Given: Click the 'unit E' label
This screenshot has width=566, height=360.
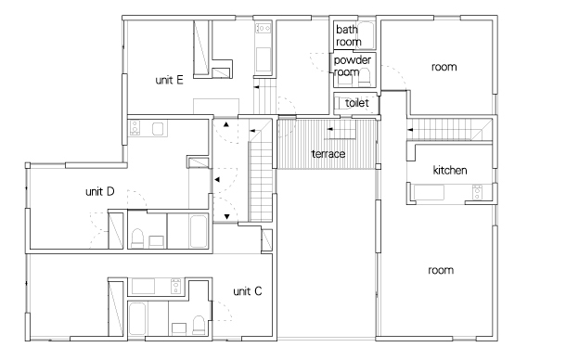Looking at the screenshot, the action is (x=169, y=80).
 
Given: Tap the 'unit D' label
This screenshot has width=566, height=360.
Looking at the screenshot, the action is (x=99, y=191).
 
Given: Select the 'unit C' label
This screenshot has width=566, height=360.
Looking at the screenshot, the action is (x=247, y=291).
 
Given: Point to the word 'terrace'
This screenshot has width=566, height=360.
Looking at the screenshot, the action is (x=328, y=154).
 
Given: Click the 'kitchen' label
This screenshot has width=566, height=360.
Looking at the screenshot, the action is (x=450, y=170).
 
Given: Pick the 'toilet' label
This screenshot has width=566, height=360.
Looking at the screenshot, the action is (x=356, y=103).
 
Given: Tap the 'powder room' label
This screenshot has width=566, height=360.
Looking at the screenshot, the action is (x=352, y=66).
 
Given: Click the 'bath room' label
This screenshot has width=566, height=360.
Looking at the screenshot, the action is (x=348, y=35).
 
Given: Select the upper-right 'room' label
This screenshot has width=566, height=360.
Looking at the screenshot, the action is (x=444, y=67).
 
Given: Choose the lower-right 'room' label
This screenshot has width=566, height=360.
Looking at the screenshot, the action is (x=441, y=270).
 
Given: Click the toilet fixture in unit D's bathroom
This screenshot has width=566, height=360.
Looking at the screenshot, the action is (x=137, y=238).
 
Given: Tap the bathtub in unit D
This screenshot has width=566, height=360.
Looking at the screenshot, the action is (x=199, y=231).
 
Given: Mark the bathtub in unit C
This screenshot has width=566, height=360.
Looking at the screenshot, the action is (x=137, y=318).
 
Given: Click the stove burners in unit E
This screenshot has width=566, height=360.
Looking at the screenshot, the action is (x=264, y=28).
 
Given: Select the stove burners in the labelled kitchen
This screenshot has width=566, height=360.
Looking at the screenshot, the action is (x=477, y=192).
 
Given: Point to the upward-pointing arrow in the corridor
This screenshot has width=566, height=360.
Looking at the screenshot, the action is (x=226, y=124).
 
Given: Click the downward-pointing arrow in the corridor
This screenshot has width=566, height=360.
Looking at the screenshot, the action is (x=226, y=217).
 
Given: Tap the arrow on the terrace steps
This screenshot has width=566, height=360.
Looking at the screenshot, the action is (x=329, y=129).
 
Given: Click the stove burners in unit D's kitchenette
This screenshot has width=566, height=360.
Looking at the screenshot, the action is (x=135, y=128).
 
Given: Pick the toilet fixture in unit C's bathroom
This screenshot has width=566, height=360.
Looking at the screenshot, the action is (x=199, y=325).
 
